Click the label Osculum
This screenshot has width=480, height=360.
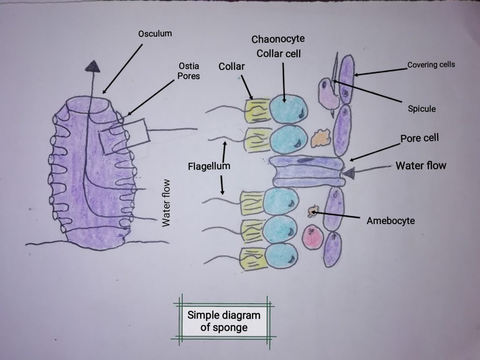[155, 34]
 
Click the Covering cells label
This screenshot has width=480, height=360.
[430, 65]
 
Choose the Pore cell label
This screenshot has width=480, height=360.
[419, 139]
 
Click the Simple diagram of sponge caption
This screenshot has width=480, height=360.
[224, 321]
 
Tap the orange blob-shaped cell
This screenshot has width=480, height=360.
[321, 136]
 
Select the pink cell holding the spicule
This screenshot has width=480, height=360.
[328, 93]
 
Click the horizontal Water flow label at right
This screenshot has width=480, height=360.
[421, 165]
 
